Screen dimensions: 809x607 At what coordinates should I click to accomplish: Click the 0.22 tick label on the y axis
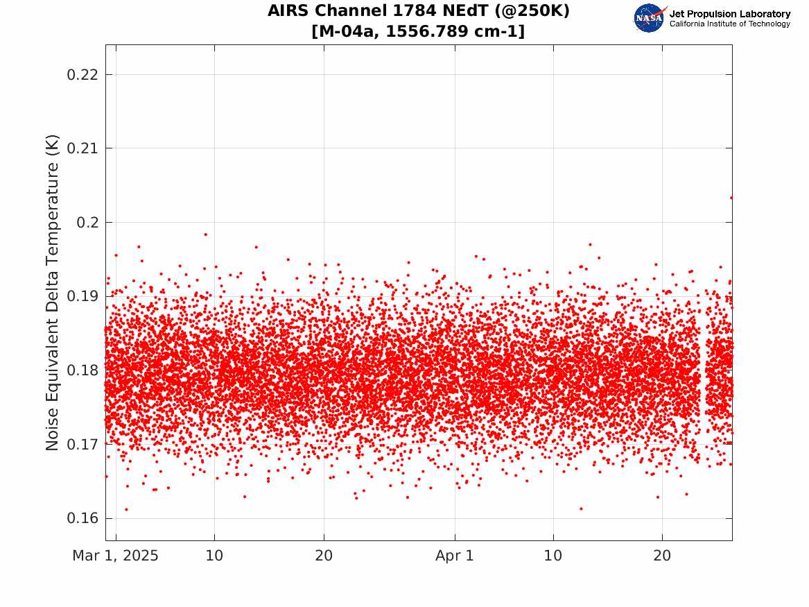(x=82, y=75)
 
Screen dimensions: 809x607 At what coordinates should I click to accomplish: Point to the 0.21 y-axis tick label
(x=82, y=148)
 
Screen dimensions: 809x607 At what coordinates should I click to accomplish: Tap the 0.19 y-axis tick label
(x=82, y=296)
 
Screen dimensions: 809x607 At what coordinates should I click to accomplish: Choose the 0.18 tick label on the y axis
(x=82, y=370)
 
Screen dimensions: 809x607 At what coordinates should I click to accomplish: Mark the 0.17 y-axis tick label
(x=82, y=445)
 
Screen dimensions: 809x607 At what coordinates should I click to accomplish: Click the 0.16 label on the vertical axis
(x=82, y=518)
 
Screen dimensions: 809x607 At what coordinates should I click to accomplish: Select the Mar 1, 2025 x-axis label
(x=115, y=556)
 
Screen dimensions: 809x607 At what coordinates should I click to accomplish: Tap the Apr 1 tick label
(x=455, y=556)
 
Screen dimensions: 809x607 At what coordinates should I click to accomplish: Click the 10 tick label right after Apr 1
(x=553, y=556)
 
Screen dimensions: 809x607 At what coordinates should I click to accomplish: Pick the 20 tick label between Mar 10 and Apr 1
(x=324, y=556)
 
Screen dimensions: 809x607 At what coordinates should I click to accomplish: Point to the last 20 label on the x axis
(x=662, y=556)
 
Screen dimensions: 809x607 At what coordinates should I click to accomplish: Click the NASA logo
(x=650, y=19)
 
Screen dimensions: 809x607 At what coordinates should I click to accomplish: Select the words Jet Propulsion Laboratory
(x=729, y=14)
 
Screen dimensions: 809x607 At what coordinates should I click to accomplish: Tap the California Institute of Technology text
(x=729, y=24)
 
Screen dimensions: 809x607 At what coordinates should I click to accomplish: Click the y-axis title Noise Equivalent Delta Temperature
(x=52, y=293)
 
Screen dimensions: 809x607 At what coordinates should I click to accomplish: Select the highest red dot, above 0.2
(x=731, y=198)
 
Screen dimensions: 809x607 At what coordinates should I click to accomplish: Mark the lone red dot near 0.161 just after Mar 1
(x=126, y=509)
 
